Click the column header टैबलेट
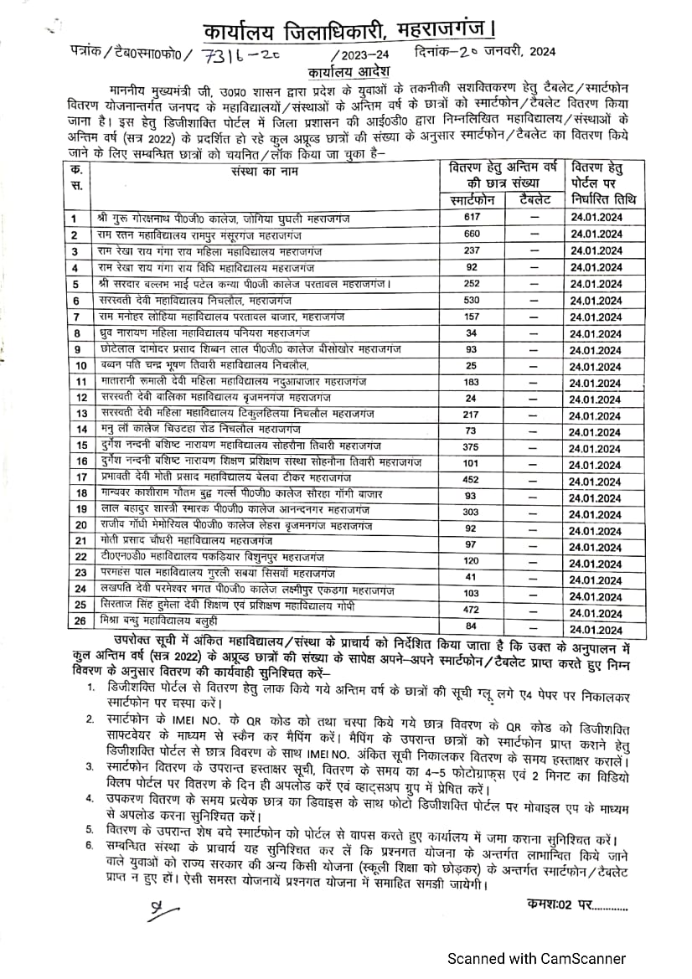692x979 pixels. (x=534, y=199)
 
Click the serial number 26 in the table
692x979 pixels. (x=80, y=622)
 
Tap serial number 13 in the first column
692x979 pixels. (x=80, y=414)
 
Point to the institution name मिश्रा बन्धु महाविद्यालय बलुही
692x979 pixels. (x=168, y=622)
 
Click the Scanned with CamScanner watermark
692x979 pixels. (x=535, y=957)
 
